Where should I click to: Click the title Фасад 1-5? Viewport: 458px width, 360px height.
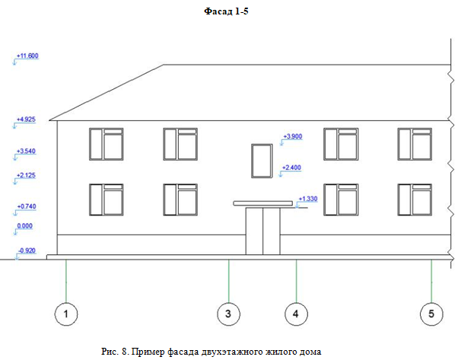[x=226, y=11]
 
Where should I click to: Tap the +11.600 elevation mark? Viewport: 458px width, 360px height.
[x=27, y=56]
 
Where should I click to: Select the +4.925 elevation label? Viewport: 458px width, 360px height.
[x=26, y=119]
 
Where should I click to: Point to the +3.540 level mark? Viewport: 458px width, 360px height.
[x=26, y=151]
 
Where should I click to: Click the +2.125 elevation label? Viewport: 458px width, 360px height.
[x=26, y=175]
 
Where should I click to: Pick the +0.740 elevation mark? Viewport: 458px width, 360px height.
[x=27, y=206]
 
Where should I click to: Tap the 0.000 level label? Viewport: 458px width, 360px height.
[x=25, y=226]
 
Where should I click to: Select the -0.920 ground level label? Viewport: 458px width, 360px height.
[x=27, y=250]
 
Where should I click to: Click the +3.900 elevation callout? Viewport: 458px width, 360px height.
[x=293, y=136]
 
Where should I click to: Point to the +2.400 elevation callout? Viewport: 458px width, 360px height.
[x=291, y=167]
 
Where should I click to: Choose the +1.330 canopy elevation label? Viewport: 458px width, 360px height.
[x=308, y=199]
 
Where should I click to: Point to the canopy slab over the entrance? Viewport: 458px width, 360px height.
[x=263, y=203]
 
